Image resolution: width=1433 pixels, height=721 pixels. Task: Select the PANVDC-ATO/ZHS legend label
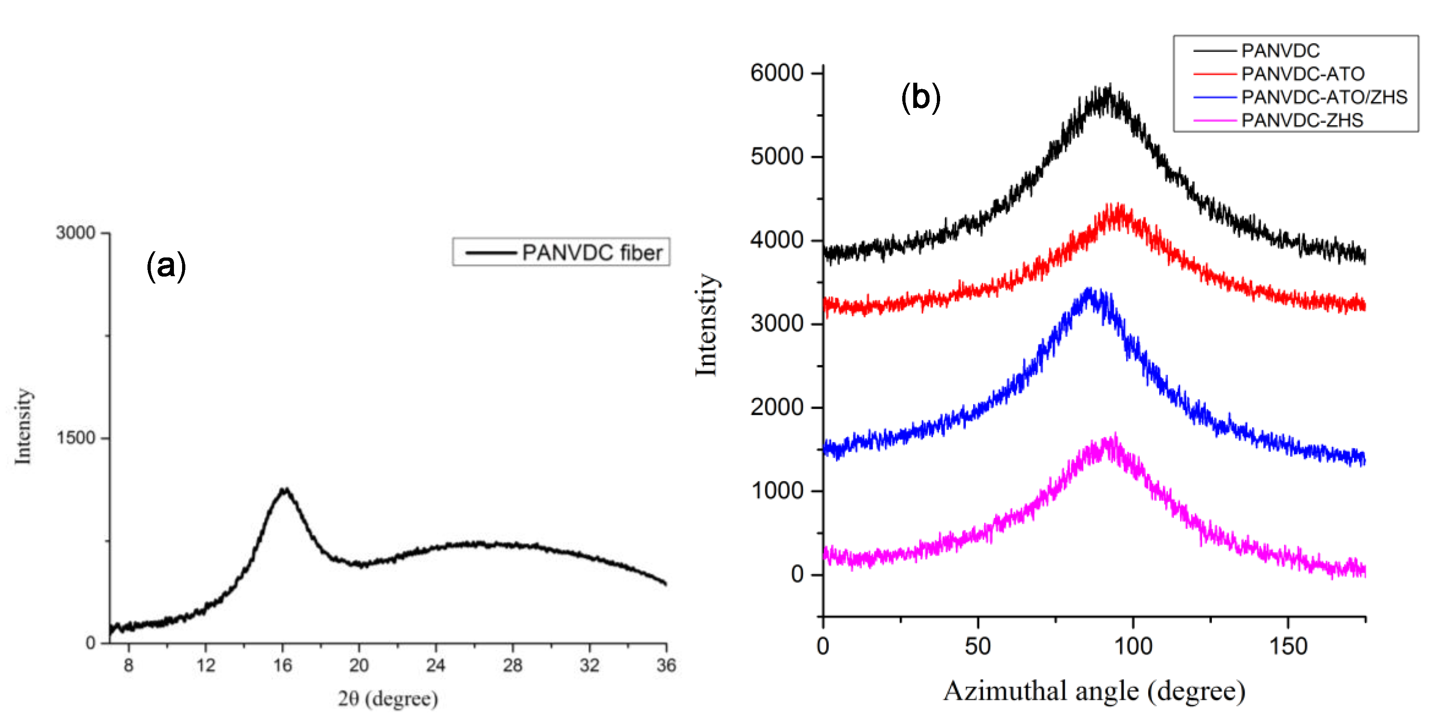click(1324, 97)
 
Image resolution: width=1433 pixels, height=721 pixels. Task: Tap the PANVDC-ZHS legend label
click(1302, 120)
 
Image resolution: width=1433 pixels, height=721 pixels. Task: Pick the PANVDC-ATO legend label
click(1302, 73)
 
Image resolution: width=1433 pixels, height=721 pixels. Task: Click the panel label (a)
click(166, 266)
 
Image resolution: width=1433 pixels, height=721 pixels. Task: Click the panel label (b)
click(921, 97)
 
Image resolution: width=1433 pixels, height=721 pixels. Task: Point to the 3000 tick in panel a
click(76, 233)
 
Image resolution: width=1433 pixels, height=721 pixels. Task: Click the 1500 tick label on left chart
click(76, 438)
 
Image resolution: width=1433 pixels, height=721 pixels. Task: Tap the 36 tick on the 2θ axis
click(666, 665)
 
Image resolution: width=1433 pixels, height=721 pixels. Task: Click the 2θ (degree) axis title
click(388, 699)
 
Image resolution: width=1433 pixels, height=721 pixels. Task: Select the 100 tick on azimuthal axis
click(1133, 646)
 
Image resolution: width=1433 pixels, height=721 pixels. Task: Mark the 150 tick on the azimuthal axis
click(1288, 646)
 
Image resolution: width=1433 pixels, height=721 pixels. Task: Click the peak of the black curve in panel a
click(284, 490)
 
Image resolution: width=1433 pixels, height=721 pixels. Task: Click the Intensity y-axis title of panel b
click(706, 325)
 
